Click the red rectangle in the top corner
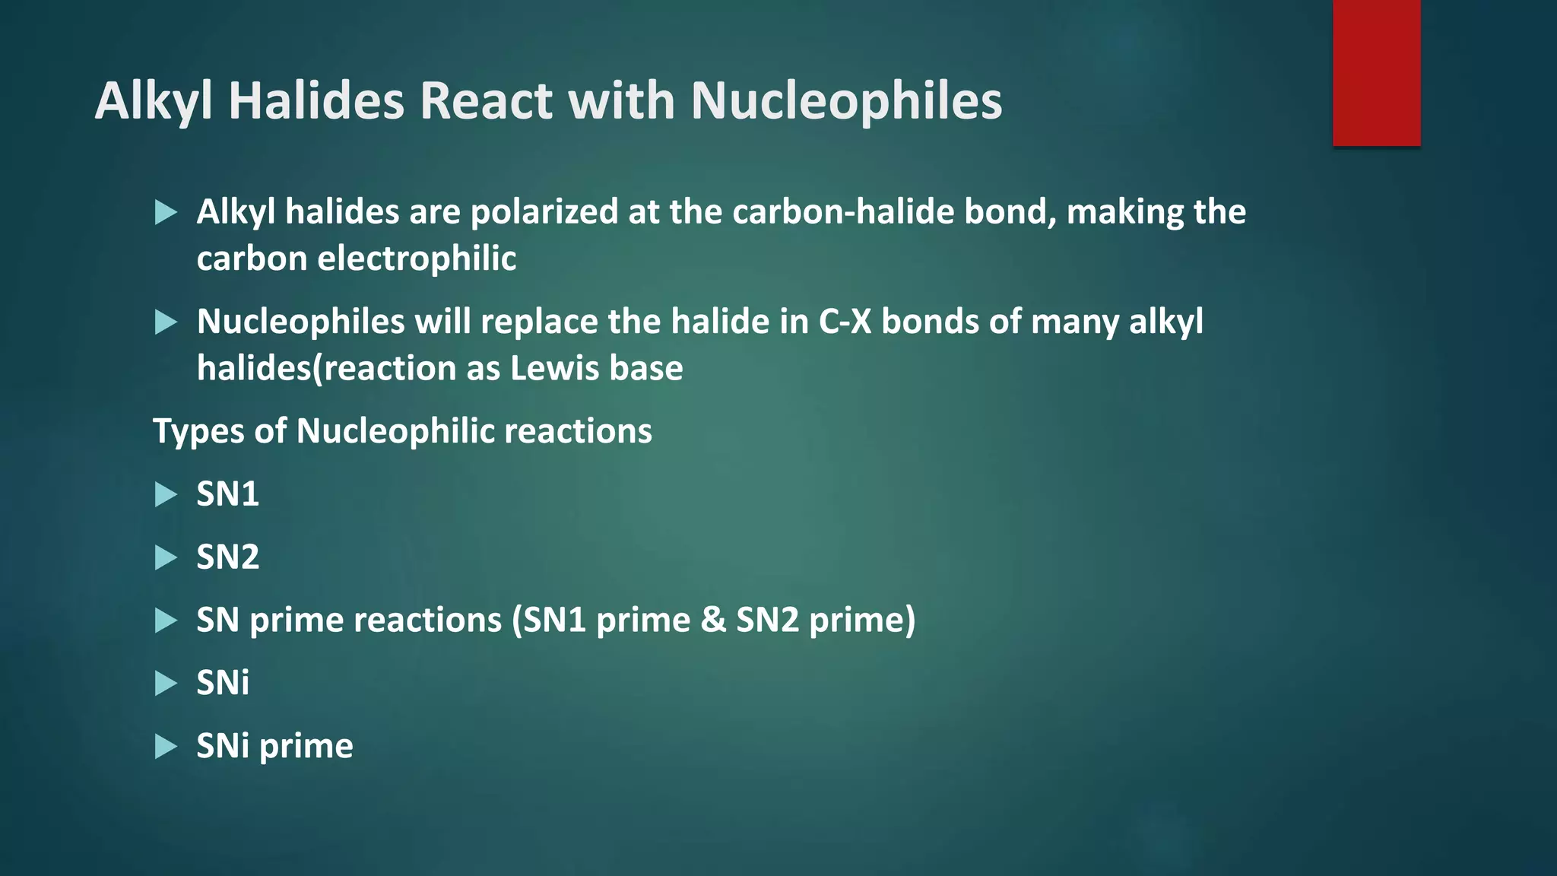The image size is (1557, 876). [1376, 73]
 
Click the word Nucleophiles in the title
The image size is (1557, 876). [846, 100]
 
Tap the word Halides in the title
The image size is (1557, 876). [316, 100]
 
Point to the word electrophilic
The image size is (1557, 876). [417, 259]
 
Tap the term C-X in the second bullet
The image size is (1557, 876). [845, 322]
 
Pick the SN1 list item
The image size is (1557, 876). [227, 494]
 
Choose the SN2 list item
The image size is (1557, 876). [227, 557]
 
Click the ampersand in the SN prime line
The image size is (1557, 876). [713, 620]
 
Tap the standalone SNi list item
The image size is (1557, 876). [223, 683]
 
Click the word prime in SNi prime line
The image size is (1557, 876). [306, 747]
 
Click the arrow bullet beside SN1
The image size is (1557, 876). [165, 495]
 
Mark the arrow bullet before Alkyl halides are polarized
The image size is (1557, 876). [165, 212]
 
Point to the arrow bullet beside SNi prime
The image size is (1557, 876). [165, 746]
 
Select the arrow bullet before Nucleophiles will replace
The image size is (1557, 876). [165, 322]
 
